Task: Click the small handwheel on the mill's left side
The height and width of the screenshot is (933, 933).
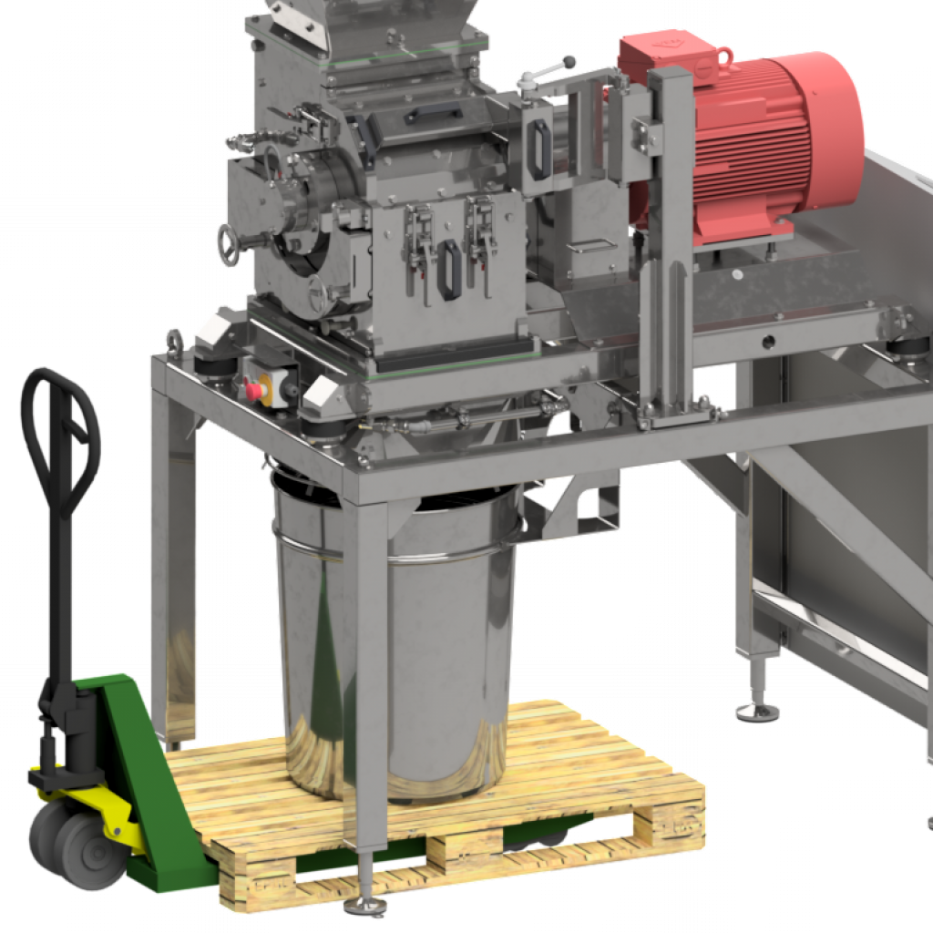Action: pyautogui.click(x=229, y=243)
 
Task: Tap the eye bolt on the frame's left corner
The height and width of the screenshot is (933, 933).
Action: pyautogui.click(x=173, y=344)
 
